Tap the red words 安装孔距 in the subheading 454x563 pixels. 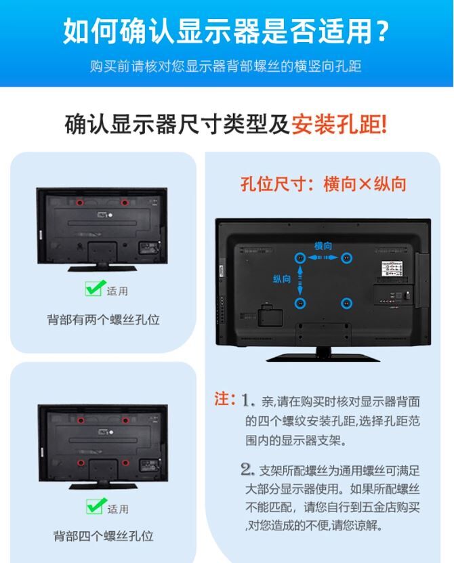click(x=339, y=125)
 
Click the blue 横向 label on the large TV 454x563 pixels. click(x=323, y=246)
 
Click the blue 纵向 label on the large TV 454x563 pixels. click(x=282, y=278)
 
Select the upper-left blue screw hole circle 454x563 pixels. click(x=300, y=257)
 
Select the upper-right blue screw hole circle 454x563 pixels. click(x=346, y=257)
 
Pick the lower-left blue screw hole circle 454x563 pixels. click(x=300, y=304)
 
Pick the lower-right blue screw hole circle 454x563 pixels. click(x=346, y=304)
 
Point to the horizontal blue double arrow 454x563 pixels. click(x=323, y=257)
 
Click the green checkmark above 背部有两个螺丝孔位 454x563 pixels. click(x=95, y=288)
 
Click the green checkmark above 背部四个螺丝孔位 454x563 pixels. click(x=96, y=505)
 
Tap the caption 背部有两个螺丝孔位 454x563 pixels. click(x=104, y=320)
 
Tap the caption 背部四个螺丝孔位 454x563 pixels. click(x=104, y=536)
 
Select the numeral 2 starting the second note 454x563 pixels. click(x=247, y=469)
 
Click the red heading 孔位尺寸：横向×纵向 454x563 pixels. click(x=323, y=184)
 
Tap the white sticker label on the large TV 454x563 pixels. click(x=392, y=268)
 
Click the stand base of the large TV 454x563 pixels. click(x=323, y=357)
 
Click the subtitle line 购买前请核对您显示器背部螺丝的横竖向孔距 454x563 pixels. click(x=226, y=66)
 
